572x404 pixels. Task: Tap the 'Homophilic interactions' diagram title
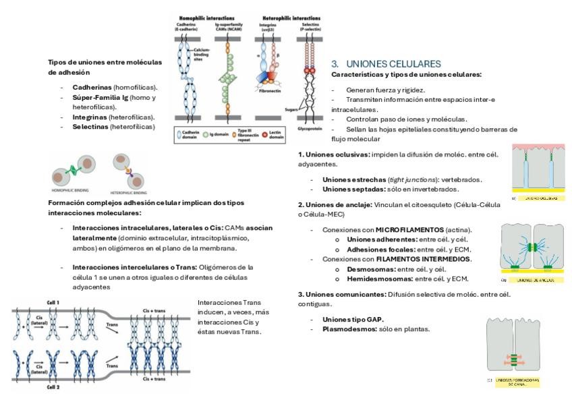pyautogui.click(x=207, y=17)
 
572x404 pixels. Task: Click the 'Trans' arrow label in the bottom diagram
pyautogui.click(x=113, y=324)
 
